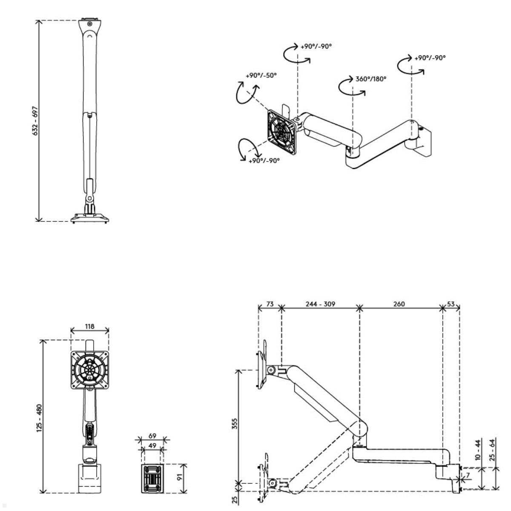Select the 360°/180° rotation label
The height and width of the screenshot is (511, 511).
(370, 79)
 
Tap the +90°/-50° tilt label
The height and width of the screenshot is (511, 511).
(261, 75)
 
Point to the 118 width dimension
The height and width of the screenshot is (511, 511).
(89, 327)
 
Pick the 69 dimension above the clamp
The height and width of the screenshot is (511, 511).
(152, 436)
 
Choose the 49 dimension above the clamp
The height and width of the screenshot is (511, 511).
(152, 445)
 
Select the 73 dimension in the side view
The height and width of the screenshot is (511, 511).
(270, 304)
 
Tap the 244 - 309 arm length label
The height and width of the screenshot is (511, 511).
(320, 304)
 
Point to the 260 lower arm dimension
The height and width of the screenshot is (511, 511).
(399, 304)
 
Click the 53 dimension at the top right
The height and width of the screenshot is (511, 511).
(451, 304)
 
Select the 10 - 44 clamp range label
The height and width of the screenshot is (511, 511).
(477, 450)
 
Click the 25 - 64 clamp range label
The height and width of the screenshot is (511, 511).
(492, 450)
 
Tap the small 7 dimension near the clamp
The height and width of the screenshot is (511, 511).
(468, 474)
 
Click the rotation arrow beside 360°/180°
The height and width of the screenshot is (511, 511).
(351, 87)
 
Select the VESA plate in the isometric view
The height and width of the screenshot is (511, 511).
(281, 132)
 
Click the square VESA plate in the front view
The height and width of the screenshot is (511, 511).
(89, 369)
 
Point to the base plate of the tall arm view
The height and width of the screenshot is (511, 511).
(90, 218)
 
